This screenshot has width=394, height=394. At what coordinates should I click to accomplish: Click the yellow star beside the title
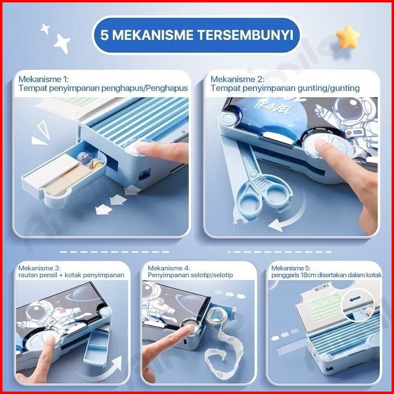[x=348, y=36]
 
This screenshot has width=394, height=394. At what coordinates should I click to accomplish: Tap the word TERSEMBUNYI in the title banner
[x=246, y=35]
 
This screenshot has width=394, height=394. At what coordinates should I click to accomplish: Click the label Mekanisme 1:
[x=43, y=79]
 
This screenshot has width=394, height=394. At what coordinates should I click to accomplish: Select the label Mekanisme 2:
[x=237, y=79]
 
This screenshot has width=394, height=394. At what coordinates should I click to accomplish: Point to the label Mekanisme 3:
[x=39, y=268]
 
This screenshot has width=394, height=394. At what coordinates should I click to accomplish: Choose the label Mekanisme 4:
[x=169, y=268]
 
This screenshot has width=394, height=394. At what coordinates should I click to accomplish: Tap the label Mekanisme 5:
[x=291, y=268]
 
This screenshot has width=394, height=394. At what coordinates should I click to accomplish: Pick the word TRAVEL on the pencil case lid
[x=272, y=107]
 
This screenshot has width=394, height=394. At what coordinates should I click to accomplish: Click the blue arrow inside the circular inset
[x=355, y=299]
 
